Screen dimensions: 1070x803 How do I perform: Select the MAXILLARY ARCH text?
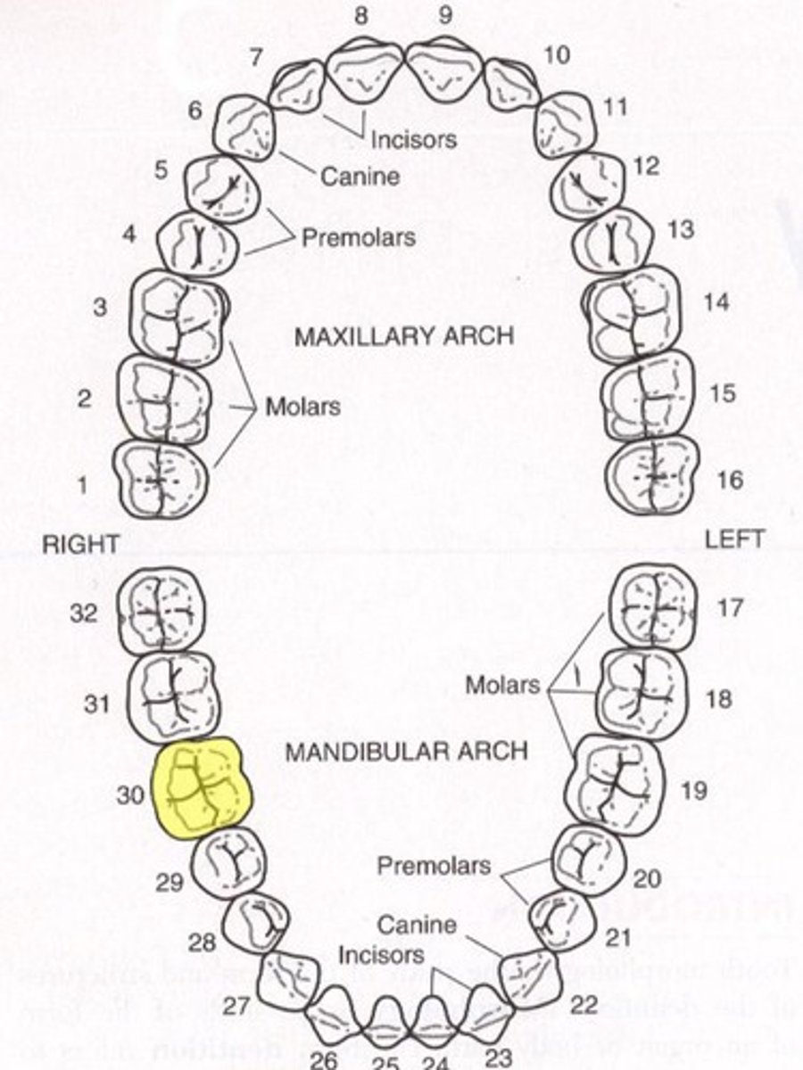pyautogui.click(x=404, y=336)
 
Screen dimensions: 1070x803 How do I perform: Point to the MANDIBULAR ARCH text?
pyautogui.click(x=406, y=751)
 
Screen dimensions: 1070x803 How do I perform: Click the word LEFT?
pyautogui.click(x=734, y=539)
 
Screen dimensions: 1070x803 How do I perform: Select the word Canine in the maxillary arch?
pyautogui.click(x=360, y=176)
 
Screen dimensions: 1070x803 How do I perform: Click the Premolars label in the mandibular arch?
pyautogui.click(x=434, y=866)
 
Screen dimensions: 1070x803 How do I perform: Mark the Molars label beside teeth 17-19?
pyautogui.click(x=503, y=685)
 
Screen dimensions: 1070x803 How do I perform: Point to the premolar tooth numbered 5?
pyautogui.click(x=222, y=185)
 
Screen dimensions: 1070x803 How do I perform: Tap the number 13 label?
pyautogui.click(x=681, y=230)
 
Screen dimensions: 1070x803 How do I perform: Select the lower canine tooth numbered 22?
pyautogui.click(x=531, y=979)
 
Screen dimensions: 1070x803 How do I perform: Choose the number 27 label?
pyautogui.click(x=236, y=1007)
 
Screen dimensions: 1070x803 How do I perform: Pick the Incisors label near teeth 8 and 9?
pyautogui.click(x=414, y=139)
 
